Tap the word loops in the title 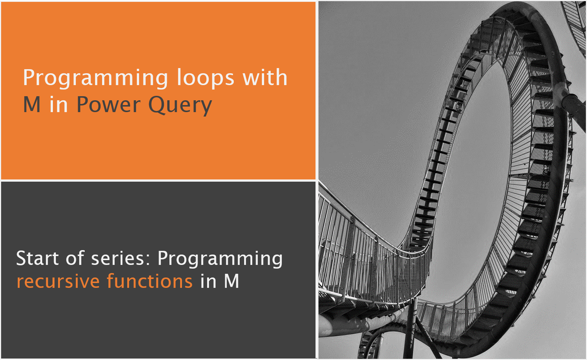coord(205,78)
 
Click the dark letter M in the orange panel coord(32,105)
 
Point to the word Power coord(108,105)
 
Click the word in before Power coord(59,105)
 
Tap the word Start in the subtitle coord(37,258)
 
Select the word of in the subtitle coord(75,258)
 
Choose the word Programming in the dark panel coord(220,259)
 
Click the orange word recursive coord(58,282)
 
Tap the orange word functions coord(150,281)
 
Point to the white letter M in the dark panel coord(232,282)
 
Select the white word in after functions coord(208,282)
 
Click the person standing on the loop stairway coord(459,108)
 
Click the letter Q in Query coord(157,105)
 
